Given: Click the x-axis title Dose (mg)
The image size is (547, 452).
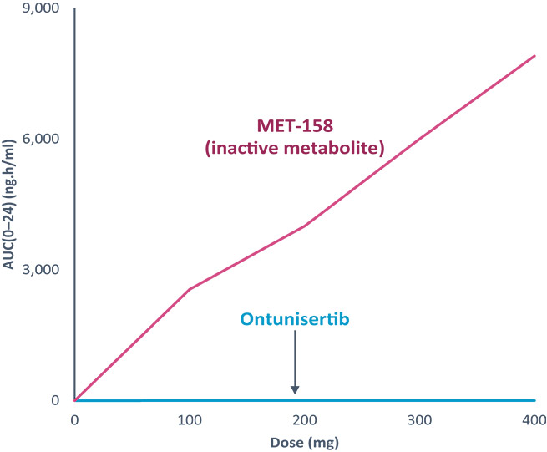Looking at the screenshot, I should click(305, 440).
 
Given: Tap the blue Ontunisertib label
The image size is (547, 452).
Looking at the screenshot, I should click(294, 318).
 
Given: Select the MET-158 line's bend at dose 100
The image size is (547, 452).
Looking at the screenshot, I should click(190, 289).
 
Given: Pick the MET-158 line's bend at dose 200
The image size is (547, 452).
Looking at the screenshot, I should click(305, 226).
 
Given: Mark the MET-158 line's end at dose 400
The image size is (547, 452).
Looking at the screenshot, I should click(534, 56).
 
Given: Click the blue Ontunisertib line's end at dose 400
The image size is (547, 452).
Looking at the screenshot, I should click(534, 400).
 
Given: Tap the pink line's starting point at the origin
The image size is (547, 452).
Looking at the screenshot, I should click(76, 399).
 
